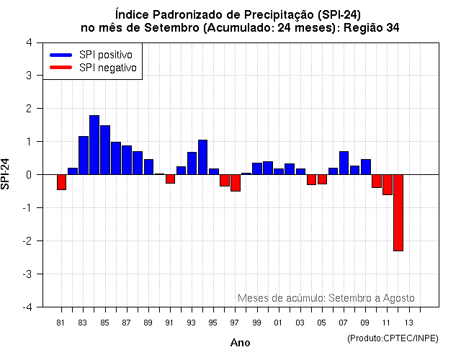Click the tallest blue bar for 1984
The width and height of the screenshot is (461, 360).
[94, 145]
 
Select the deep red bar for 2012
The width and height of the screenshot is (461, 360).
[398, 212]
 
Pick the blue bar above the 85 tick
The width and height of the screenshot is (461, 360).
[105, 150]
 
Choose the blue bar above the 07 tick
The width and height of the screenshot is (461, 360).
[344, 163]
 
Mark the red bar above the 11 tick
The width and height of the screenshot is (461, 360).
[387, 184]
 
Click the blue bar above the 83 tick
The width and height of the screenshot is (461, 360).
[84, 155]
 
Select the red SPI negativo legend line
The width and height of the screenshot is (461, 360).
[61, 68]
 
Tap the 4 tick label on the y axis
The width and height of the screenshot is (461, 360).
[28, 42]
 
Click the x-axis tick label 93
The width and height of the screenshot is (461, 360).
[191, 322]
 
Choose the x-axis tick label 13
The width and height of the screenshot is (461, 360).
[408, 322]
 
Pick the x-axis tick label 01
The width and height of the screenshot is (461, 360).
[277, 322]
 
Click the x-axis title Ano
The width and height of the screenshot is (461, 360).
[240, 343]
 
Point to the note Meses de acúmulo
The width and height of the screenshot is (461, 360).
[280, 298]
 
